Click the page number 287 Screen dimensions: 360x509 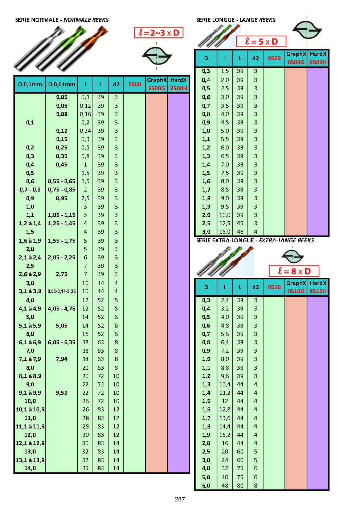pyautogui.click(x=180, y=499)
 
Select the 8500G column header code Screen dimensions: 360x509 pyautogui.click(x=156, y=88)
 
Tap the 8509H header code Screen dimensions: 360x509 pyautogui.click(x=318, y=62)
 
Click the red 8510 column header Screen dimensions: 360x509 pyautogui.click(x=274, y=287)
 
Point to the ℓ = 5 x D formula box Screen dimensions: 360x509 pyautogui.click(x=261, y=41)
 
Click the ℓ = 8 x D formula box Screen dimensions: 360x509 pyautogui.click(x=294, y=271)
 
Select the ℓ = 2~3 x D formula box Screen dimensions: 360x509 pyautogui.click(x=159, y=33)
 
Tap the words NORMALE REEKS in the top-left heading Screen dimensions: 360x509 pyautogui.click(x=86, y=20)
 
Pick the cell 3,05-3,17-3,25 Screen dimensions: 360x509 pyautogui.click(x=62, y=291)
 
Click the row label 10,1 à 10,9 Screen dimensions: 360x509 pyautogui.click(x=30, y=410)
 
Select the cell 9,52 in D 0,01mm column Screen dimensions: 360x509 pyautogui.click(x=62, y=393)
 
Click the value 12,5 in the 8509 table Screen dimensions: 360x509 pyautogui.click(x=225, y=223)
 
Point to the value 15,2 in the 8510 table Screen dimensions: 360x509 pyautogui.click(x=225, y=435)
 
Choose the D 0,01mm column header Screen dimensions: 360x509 pyautogui.click(x=62, y=84)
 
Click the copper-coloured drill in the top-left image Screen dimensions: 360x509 pyautogui.click(x=82, y=49)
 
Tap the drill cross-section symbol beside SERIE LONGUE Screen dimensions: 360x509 pyautogui.click(x=307, y=30)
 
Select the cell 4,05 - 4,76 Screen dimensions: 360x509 pyautogui.click(x=62, y=309)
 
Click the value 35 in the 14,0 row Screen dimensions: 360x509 pyautogui.click(x=85, y=468)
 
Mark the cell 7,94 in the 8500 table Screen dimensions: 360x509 pyautogui.click(x=62, y=359)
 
